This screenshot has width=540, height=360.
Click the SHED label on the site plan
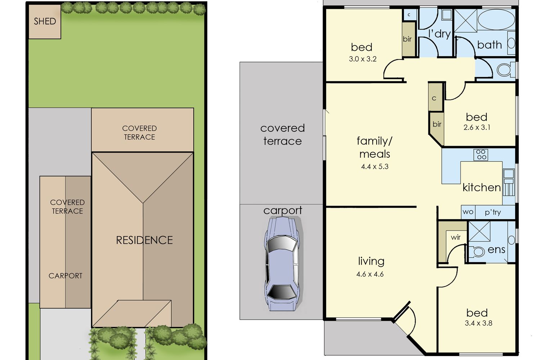(x=45, y=21)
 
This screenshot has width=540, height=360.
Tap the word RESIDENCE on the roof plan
(x=144, y=240)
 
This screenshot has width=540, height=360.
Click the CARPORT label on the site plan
(x=65, y=276)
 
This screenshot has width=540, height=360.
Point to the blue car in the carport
(x=282, y=264)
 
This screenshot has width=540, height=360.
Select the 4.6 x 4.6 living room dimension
(x=370, y=274)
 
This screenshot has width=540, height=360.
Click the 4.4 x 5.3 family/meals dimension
(x=375, y=167)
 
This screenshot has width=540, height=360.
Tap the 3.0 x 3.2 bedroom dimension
(x=363, y=59)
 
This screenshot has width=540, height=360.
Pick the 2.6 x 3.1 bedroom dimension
(x=477, y=127)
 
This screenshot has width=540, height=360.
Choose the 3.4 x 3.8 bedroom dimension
(x=478, y=323)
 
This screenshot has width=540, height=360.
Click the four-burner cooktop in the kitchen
(x=481, y=154)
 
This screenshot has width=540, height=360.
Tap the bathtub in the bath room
(x=496, y=19)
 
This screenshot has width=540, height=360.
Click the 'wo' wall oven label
(x=468, y=212)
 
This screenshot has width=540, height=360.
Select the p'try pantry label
(x=493, y=212)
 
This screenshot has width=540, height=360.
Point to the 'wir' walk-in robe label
(x=456, y=238)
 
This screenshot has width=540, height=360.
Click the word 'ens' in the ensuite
(x=496, y=250)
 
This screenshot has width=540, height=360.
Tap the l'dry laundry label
(x=440, y=34)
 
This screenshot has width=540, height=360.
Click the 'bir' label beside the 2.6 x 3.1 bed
(x=437, y=124)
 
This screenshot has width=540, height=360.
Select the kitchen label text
(x=482, y=187)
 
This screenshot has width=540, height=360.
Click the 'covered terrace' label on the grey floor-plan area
(x=283, y=135)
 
